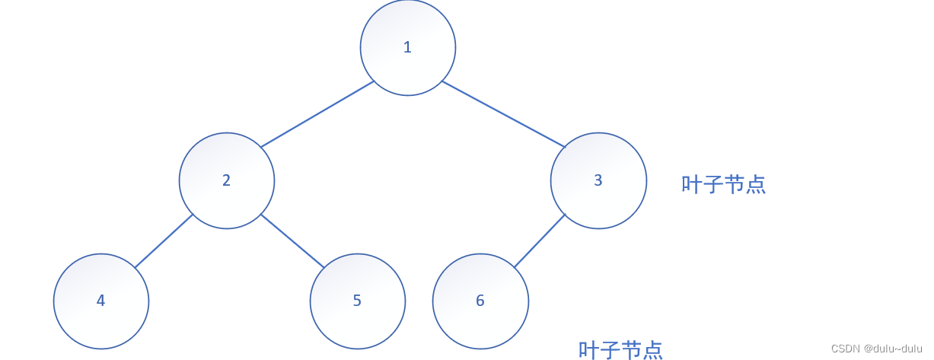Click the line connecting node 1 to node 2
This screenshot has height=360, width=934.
[317, 113]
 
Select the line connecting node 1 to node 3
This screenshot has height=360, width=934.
[503, 113]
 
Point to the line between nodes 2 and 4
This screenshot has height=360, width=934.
[164, 241]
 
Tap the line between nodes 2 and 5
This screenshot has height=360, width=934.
[292, 241]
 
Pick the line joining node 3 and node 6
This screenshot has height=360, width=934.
[540, 241]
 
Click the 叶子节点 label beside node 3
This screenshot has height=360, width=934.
[723, 185]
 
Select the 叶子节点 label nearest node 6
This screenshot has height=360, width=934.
[620, 350]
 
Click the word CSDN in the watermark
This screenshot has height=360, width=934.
[845, 349]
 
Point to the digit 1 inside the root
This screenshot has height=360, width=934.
[407, 47]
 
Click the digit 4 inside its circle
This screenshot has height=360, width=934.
[100, 301]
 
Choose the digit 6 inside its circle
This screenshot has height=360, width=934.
[480, 301]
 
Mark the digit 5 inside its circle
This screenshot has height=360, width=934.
[357, 301]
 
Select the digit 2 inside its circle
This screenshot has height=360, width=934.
[226, 180]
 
